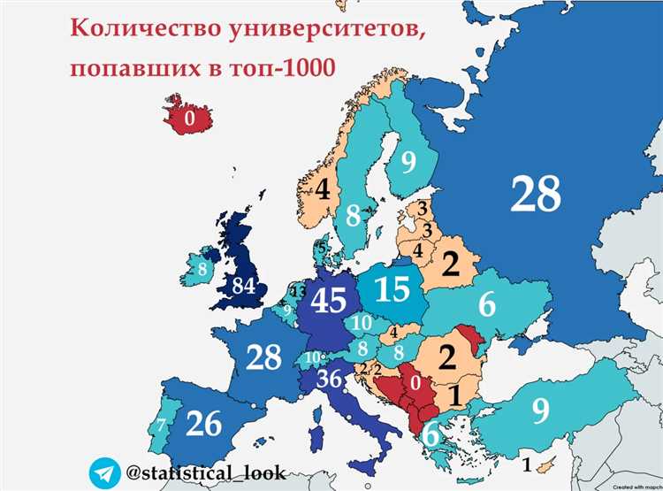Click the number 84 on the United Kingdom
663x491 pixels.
click(x=244, y=285)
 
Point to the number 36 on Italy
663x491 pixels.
click(x=329, y=377)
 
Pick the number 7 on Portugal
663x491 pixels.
click(x=161, y=426)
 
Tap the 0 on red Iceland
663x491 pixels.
click(x=188, y=117)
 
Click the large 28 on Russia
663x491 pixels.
click(x=536, y=194)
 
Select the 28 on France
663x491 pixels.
click(x=264, y=357)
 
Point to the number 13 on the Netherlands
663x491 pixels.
click(x=299, y=291)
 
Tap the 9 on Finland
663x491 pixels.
click(x=408, y=162)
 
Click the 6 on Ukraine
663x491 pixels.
click(x=487, y=305)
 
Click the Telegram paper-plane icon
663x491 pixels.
click(x=104, y=471)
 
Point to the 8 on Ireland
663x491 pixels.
click(x=202, y=268)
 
